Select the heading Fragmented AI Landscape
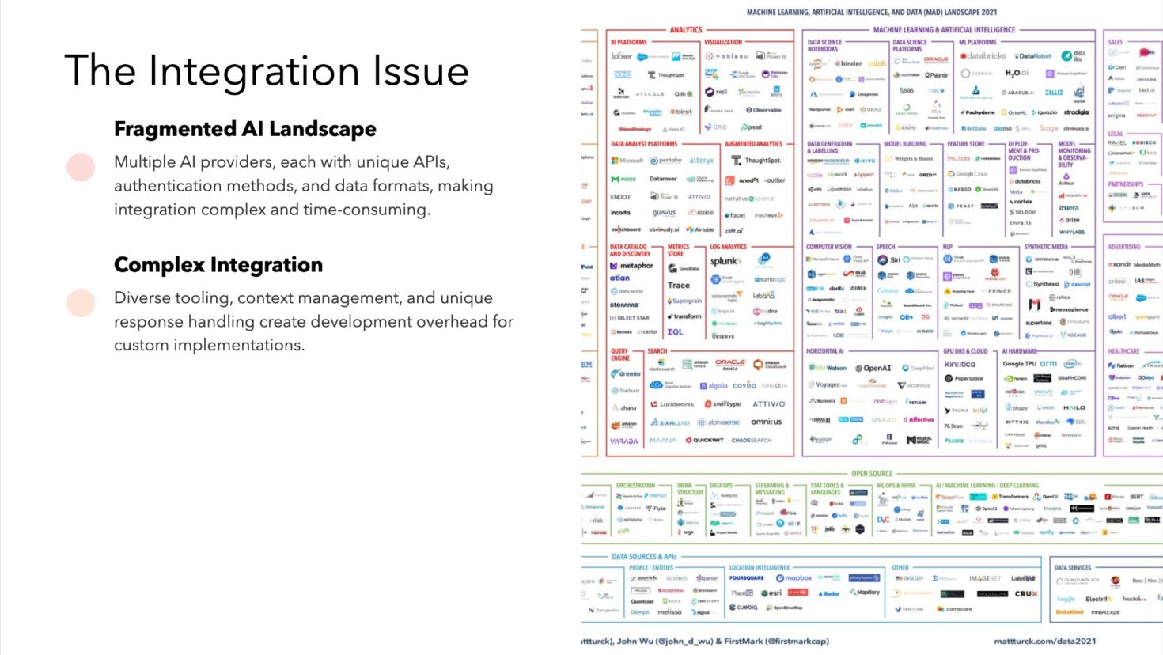pos(244,129)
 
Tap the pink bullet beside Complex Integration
pos(81,303)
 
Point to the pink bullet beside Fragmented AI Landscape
pos(81,167)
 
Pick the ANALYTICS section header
pos(685,30)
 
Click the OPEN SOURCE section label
pos(871,474)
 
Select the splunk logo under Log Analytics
pos(725,261)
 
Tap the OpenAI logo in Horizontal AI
pos(873,368)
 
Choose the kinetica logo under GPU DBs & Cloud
pos(960,365)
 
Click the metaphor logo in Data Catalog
pos(632,266)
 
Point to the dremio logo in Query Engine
pos(626,373)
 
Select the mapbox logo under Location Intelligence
pos(794,578)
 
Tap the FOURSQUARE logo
pos(746,578)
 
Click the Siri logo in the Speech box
pos(890,259)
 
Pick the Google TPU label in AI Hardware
pos(1019,364)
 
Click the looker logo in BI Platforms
pos(622,56)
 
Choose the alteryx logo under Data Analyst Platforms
pos(700,161)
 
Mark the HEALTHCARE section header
pos(1123,351)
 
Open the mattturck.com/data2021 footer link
pos(1044,642)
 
